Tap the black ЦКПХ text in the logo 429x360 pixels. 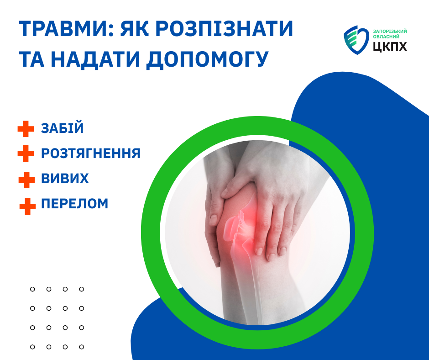(390, 47)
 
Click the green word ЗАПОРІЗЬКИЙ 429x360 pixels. (390, 31)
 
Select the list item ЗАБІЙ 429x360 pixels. (63, 128)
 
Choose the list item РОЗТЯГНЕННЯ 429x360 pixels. (90, 153)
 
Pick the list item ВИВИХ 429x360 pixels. (65, 178)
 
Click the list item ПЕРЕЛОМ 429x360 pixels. (75, 204)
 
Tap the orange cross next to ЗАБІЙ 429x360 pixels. (26, 129)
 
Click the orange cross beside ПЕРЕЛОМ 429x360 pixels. (28, 206)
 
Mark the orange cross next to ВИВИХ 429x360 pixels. (26, 180)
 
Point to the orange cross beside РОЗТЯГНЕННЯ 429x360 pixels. (26, 154)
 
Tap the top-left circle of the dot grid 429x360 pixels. (32, 289)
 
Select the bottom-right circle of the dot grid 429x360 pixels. (82, 347)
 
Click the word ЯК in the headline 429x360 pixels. (135, 28)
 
